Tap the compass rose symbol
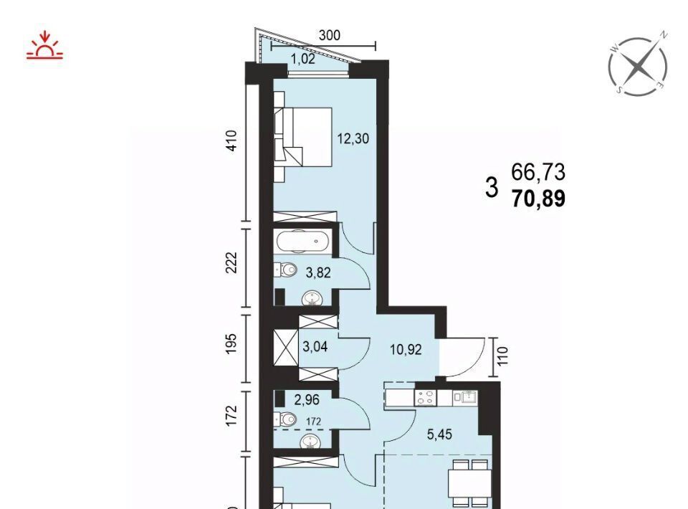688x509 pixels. coord(638,67)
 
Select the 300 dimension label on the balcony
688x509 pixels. coord(330,35)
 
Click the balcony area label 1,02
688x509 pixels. coord(304,59)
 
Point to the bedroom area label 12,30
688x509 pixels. coord(353,139)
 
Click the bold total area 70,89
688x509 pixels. coord(539,199)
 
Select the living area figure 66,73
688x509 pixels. coord(538,172)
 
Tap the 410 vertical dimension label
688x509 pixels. coord(232,141)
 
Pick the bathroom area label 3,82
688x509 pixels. coord(318,273)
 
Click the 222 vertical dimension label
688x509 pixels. coord(231,262)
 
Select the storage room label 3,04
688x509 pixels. coord(315,347)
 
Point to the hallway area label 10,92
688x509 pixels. coord(406,350)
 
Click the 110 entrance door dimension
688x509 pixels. coord(503,356)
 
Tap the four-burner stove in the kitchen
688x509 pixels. coord(425,398)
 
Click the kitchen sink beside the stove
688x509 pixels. coord(465,397)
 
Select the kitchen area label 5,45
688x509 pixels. coord(439,434)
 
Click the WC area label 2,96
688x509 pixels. coord(307,400)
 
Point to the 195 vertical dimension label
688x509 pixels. coord(232,343)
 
